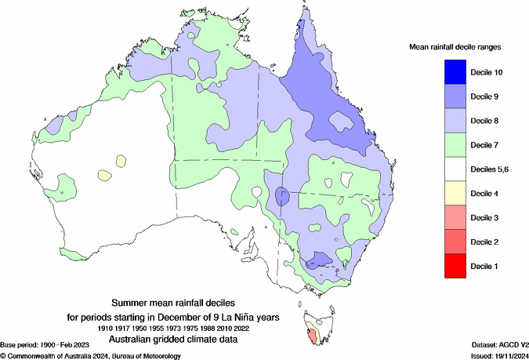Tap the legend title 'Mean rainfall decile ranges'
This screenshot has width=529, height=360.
(x=455, y=47)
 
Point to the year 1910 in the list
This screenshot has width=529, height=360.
(x=111, y=326)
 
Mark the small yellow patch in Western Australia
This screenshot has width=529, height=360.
(x=104, y=174)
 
